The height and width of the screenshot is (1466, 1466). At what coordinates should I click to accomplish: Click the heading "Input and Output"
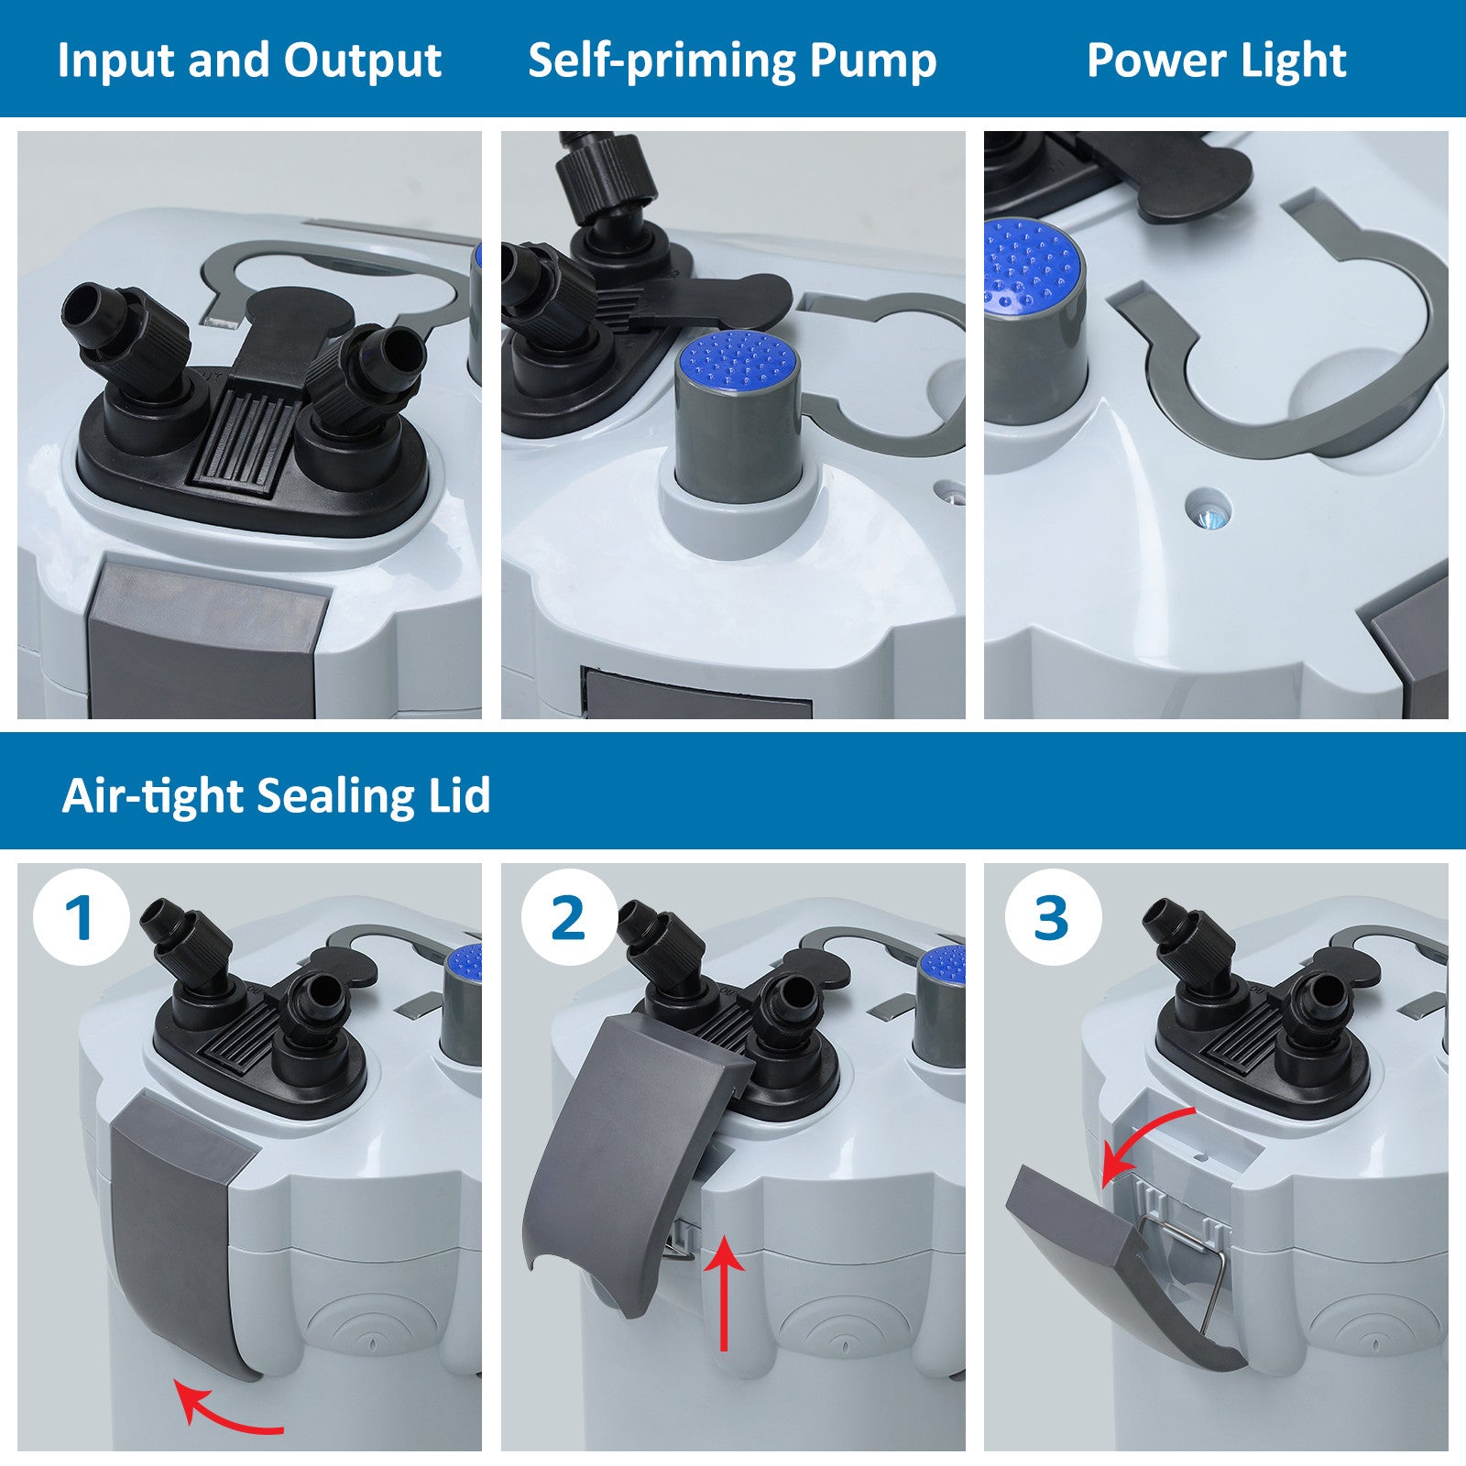pos(249,60)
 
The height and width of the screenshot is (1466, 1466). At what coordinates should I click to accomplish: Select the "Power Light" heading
pos(1216,61)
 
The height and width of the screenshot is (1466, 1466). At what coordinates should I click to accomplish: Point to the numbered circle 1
pos(80,916)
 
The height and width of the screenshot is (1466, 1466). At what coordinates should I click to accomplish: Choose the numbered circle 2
pos(568,916)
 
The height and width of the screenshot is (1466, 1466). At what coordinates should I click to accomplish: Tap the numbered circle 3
pos(1051,916)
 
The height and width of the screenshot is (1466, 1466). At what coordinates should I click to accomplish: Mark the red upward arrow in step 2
pos(725,1292)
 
